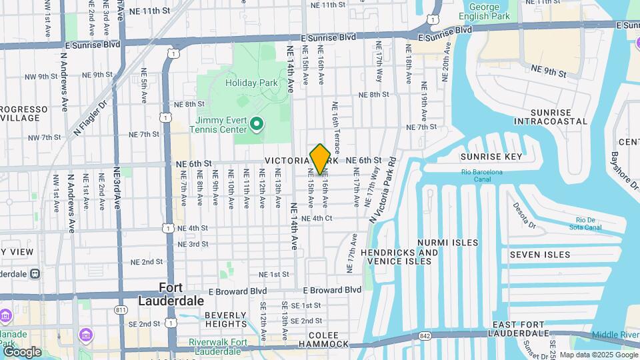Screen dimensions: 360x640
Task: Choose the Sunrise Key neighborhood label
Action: (491, 157)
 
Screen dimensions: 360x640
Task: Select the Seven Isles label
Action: (540, 255)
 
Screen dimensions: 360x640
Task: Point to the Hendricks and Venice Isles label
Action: (399, 257)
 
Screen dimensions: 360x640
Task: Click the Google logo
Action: (22, 351)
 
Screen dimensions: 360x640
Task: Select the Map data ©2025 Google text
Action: (597, 355)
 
